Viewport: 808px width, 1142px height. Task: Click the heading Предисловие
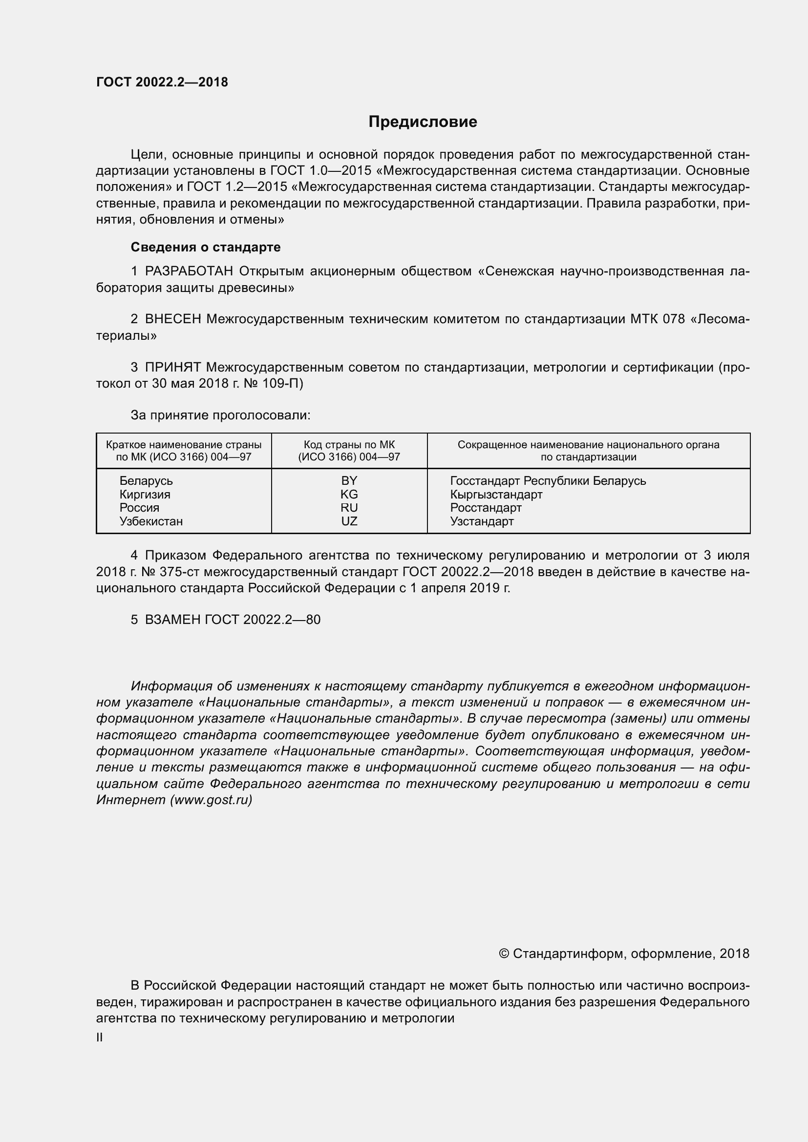pyautogui.click(x=423, y=122)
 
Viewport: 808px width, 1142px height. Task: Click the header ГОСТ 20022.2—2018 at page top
pyautogui.click(x=162, y=82)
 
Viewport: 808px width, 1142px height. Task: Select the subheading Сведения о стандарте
pyautogui.click(x=206, y=247)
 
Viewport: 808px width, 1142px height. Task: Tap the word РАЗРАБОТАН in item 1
pyautogui.click(x=189, y=271)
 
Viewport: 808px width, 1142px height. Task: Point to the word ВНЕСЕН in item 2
pyautogui.click(x=172, y=319)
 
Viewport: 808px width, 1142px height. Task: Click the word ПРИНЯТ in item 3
pyautogui.click(x=172, y=368)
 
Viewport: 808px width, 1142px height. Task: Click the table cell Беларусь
pyautogui.click(x=146, y=481)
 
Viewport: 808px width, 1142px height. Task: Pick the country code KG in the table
pyautogui.click(x=349, y=495)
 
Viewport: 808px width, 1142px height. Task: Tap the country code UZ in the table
pyautogui.click(x=349, y=521)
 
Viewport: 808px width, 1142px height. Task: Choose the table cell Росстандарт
pyautogui.click(x=486, y=508)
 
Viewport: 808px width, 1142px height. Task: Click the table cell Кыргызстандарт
pyautogui.click(x=496, y=495)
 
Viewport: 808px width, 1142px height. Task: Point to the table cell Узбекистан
pyautogui.click(x=151, y=521)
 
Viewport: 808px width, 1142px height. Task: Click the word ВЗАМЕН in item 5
pyautogui.click(x=172, y=620)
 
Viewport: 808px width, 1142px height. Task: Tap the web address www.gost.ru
pyautogui.click(x=212, y=800)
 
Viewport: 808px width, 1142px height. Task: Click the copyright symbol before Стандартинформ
pyautogui.click(x=504, y=954)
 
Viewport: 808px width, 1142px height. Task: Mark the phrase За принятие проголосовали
pyautogui.click(x=220, y=415)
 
